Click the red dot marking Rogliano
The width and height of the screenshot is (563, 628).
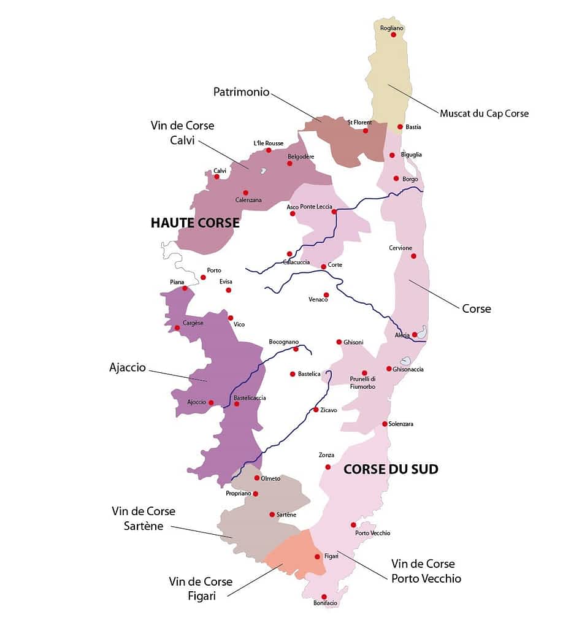[394, 35]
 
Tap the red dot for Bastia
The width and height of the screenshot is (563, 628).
[400, 127]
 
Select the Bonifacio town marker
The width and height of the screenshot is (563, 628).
[324, 597]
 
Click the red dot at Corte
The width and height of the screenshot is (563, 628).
[323, 266]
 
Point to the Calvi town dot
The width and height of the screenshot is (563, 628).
[216, 177]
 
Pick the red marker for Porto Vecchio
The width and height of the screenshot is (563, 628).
[353, 524]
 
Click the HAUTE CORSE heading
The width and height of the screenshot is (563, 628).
[195, 223]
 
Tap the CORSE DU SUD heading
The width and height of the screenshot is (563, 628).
[391, 469]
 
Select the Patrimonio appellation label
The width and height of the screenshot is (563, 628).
[241, 92]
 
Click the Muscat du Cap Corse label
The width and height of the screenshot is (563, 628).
[484, 113]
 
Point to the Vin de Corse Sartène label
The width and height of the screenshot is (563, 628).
[144, 518]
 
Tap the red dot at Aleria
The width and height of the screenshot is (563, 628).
[415, 334]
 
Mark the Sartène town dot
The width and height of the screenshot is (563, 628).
[272, 515]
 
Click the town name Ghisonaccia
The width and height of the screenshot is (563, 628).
[408, 369]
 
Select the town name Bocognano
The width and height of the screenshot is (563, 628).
[283, 342]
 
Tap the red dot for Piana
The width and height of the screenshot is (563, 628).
[185, 288]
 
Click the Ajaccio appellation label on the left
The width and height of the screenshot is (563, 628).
[127, 368]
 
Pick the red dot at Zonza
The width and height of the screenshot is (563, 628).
[327, 467]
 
